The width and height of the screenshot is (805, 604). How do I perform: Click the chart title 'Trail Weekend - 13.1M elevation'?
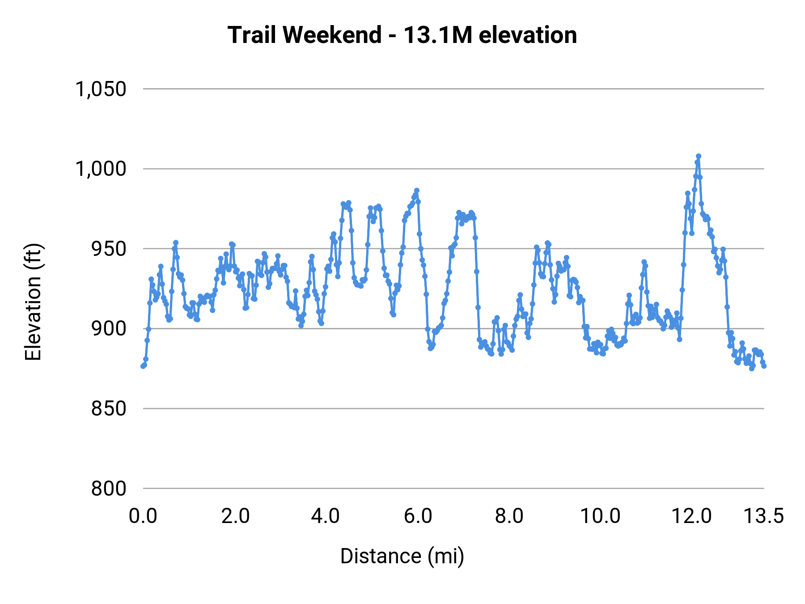pyautogui.click(x=402, y=35)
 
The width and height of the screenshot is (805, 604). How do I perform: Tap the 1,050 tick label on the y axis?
pyautogui.click(x=101, y=89)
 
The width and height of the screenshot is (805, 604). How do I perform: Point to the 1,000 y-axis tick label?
pyautogui.click(x=101, y=169)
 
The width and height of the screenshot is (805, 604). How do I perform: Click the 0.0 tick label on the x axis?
pyautogui.click(x=143, y=516)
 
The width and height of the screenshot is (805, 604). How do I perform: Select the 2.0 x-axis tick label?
pyautogui.click(x=235, y=516)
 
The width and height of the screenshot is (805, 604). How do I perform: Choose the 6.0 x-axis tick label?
pyautogui.click(x=419, y=516)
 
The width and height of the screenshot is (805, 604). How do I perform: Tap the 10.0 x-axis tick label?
pyautogui.click(x=600, y=516)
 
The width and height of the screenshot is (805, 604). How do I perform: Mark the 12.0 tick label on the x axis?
pyautogui.click(x=692, y=516)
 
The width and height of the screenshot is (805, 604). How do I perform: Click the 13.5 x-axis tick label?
pyautogui.click(x=763, y=516)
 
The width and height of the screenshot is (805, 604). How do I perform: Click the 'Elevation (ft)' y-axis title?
pyautogui.click(x=33, y=302)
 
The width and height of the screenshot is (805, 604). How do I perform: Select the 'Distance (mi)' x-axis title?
pyautogui.click(x=402, y=556)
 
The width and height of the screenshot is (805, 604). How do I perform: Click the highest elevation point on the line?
pyautogui.click(x=699, y=156)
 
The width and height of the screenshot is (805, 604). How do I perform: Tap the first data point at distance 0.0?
pyautogui.click(x=143, y=366)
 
